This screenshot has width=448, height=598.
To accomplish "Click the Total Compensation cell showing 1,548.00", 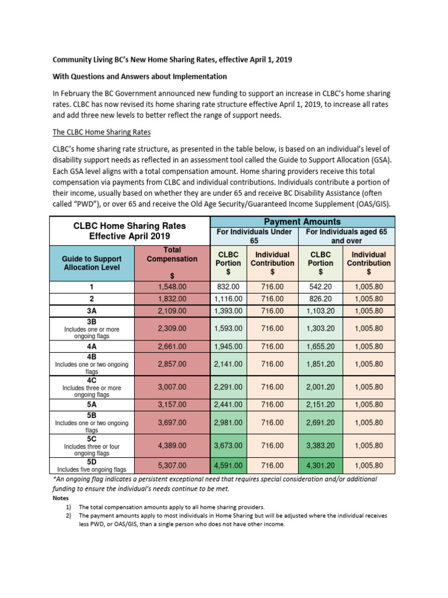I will (x=172, y=287).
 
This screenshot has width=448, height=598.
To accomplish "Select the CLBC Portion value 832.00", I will (x=229, y=287).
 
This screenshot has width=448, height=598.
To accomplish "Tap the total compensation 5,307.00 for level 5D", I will (x=172, y=465).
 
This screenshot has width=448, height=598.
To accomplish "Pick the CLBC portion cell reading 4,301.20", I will (x=320, y=465).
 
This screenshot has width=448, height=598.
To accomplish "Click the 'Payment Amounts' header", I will (x=302, y=222).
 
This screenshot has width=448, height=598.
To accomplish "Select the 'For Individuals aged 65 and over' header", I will (x=346, y=237).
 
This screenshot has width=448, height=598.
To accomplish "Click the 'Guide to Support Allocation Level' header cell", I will (x=92, y=262).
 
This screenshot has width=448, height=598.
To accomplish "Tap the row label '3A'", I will (x=92, y=311).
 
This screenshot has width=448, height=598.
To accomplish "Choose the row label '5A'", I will (x=92, y=404).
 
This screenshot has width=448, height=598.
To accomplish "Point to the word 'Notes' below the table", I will (x=61, y=498).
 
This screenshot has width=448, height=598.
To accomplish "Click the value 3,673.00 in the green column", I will (x=229, y=446).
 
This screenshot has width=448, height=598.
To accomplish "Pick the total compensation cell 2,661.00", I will (x=172, y=346).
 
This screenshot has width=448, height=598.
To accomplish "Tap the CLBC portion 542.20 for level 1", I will (x=320, y=287).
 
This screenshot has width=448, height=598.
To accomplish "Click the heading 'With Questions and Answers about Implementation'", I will (x=140, y=77).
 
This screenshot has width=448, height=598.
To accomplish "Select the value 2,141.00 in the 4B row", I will (x=229, y=363).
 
